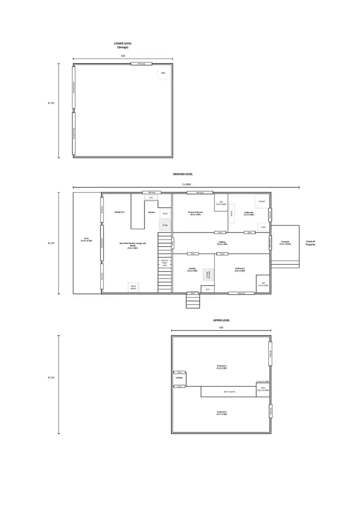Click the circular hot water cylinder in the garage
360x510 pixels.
163,73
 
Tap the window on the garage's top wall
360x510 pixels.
142,63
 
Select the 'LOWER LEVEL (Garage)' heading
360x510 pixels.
121,45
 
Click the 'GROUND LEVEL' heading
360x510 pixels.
183,174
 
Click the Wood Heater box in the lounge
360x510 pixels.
133,287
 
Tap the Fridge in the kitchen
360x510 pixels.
165,225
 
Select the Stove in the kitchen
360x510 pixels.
165,213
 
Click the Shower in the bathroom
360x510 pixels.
262,202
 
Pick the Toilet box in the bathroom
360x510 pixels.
263,227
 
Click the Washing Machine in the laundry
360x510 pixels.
209,274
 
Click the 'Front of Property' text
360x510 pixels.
310,243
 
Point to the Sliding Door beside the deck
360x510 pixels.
102,243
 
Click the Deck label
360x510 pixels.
87,240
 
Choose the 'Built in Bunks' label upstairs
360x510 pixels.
229,392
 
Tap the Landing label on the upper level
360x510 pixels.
179,377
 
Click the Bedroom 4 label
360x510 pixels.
221,413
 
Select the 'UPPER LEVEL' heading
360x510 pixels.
221,320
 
